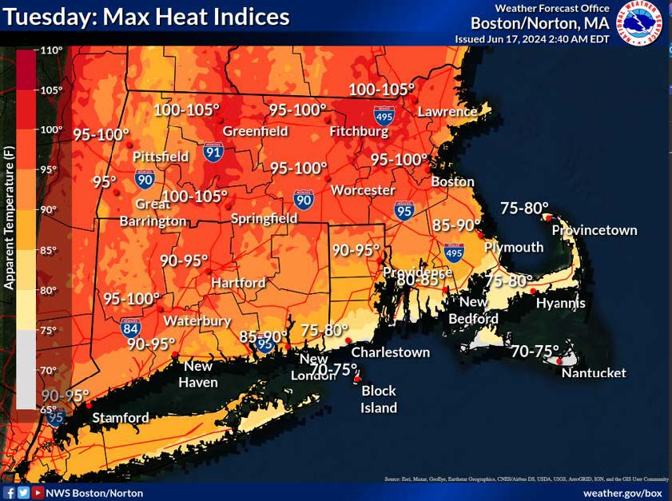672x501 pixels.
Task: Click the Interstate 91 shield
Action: coord(213,150)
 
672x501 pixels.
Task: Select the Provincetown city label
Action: coord(594,230)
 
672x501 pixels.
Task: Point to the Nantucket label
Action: coord(593,373)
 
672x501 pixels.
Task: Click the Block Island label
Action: coord(379,400)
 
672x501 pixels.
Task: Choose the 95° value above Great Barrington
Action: coord(104,182)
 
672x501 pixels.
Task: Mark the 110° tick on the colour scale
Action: coord(52,50)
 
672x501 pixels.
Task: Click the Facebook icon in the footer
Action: coord(9,493)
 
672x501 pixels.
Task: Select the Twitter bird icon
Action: coord(23,493)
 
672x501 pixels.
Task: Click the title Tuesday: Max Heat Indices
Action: coord(147,16)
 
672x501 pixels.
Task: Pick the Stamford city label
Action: coord(121,418)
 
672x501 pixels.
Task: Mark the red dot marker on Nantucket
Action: coord(559,362)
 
